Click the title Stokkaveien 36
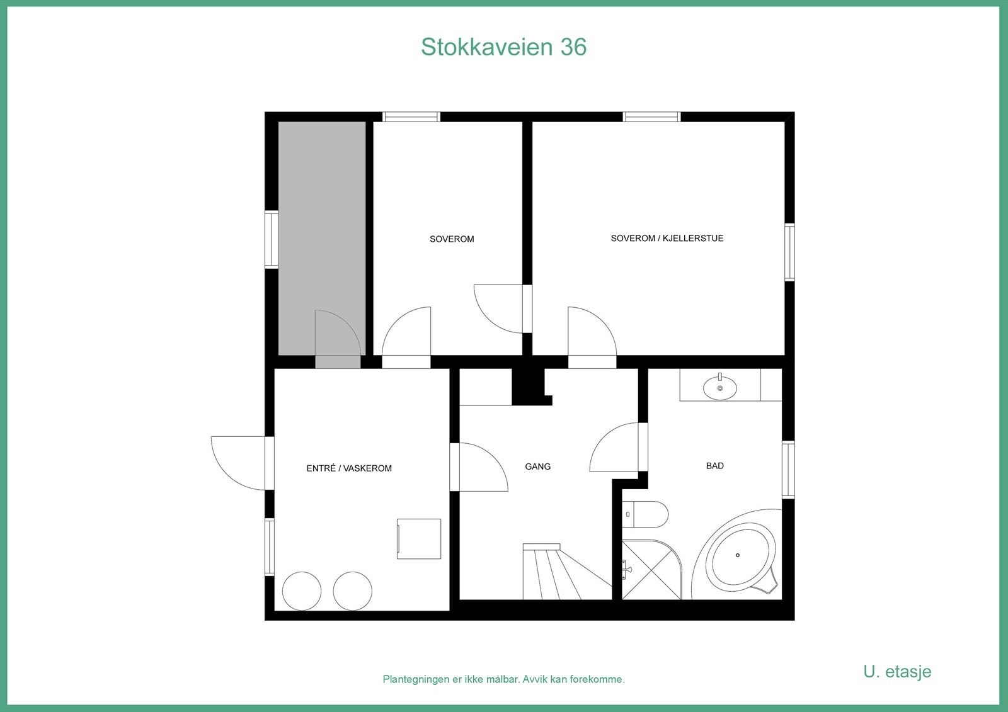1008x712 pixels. (x=503, y=47)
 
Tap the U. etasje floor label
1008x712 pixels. (x=897, y=671)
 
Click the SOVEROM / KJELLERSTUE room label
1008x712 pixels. (x=667, y=239)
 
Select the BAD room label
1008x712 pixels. (x=715, y=466)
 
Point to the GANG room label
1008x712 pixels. (x=538, y=466)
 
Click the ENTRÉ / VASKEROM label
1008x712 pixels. (x=349, y=468)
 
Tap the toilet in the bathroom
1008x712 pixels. (x=646, y=514)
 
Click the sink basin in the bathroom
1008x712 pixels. (x=720, y=387)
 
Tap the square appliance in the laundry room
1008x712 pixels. (x=418, y=538)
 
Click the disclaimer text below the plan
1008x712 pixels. (x=503, y=679)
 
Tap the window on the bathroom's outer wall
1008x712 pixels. (x=788, y=470)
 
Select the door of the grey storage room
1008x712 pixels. (x=338, y=340)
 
